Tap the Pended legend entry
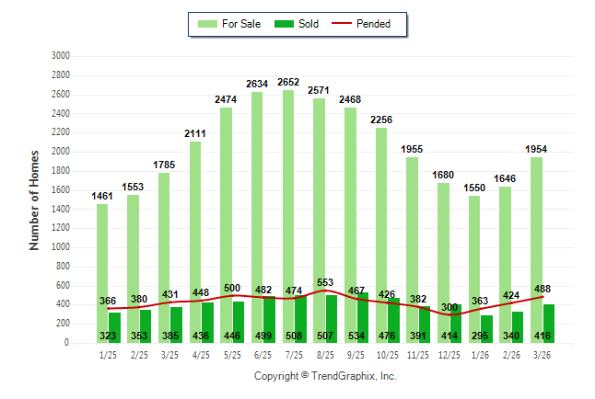click(x=363, y=24)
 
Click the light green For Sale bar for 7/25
click(x=288, y=184)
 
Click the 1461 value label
click(x=102, y=197)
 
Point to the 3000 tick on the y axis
click(x=61, y=56)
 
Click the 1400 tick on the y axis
click(x=61, y=209)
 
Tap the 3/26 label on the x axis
click(x=542, y=356)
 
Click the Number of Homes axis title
click(x=35, y=199)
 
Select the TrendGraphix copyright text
click(x=325, y=376)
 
